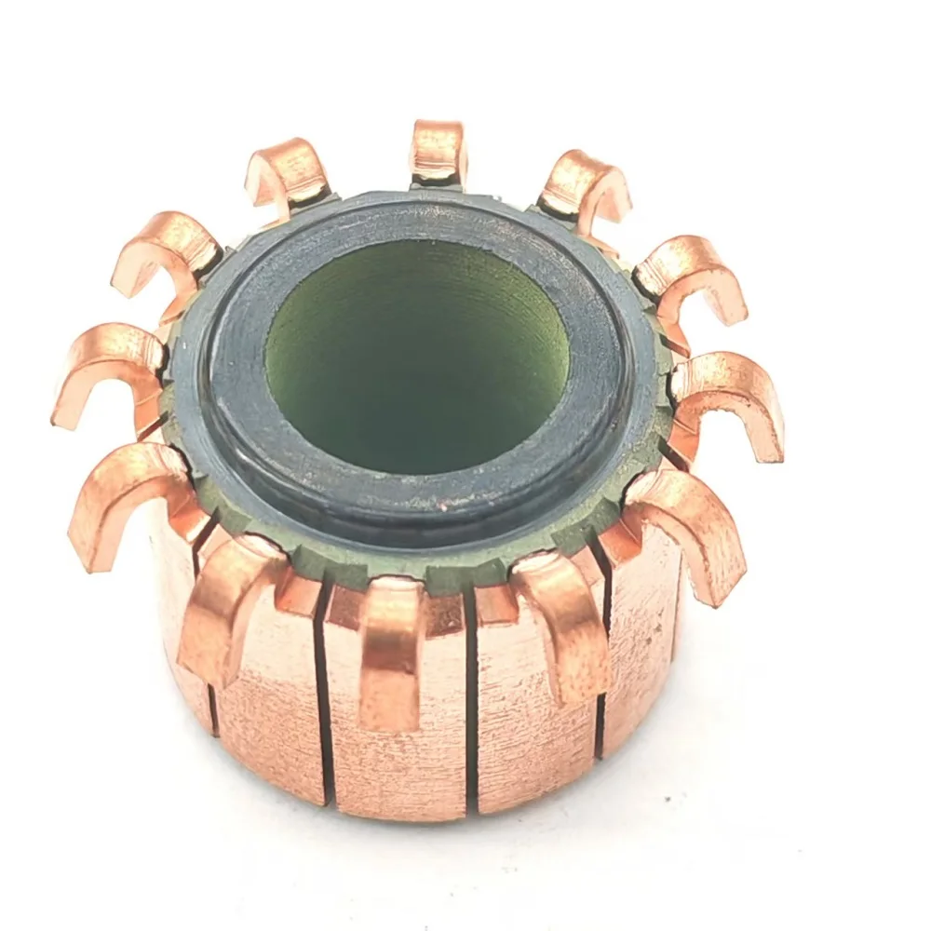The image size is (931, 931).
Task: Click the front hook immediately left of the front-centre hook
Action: [x=228, y=605]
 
